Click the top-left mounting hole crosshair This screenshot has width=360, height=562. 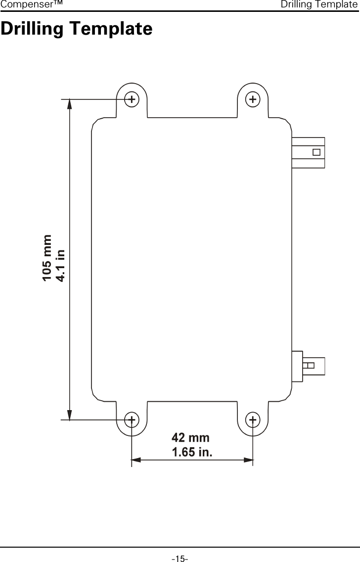131,99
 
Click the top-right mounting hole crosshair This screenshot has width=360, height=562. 253,99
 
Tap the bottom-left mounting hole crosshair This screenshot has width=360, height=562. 131,420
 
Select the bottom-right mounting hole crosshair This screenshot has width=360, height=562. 253,420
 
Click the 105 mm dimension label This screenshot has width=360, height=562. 47,258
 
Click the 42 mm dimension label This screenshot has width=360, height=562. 190,438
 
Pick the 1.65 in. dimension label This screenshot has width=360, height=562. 192,452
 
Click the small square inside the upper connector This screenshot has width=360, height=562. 316,152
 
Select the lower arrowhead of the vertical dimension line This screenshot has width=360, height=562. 70,416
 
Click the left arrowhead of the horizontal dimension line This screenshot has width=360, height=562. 136,460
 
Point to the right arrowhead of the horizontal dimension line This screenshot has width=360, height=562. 248,460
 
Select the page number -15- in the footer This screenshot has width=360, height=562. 180,559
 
